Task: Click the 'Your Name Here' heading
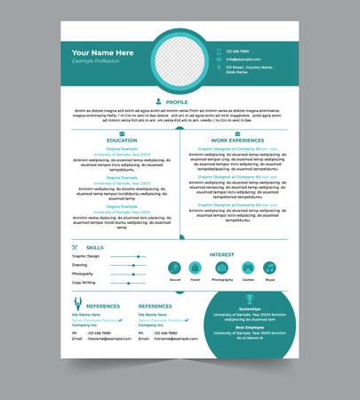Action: click(x=102, y=52)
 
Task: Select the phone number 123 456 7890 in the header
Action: click(x=237, y=52)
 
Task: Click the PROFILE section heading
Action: click(x=177, y=102)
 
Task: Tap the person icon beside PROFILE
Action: click(x=158, y=101)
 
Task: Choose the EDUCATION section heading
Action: click(x=122, y=140)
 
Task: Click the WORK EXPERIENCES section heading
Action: click(x=237, y=140)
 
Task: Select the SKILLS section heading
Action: click(x=94, y=247)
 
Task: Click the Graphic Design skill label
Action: click(x=85, y=256)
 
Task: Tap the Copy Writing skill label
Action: click(x=84, y=283)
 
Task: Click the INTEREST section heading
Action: click(x=221, y=254)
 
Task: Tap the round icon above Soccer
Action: click(x=175, y=268)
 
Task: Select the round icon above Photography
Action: click(x=222, y=268)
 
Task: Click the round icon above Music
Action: click(x=269, y=268)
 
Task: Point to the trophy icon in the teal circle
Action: click(x=249, y=300)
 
